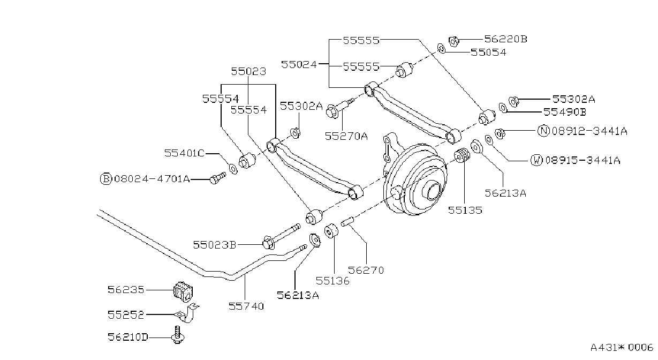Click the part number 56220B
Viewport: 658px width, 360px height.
tap(505, 39)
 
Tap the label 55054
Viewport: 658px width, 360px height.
tap(488, 52)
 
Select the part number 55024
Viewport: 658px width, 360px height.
tap(299, 64)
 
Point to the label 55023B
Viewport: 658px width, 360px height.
tap(215, 245)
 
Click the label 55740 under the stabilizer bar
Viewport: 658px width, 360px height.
tap(246, 306)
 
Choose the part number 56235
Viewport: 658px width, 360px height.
tap(126, 290)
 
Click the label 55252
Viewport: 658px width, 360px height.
tap(126, 315)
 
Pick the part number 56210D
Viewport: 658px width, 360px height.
tap(128, 337)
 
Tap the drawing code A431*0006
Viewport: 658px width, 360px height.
tap(622, 347)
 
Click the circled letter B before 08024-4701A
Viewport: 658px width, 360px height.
tap(106, 179)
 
